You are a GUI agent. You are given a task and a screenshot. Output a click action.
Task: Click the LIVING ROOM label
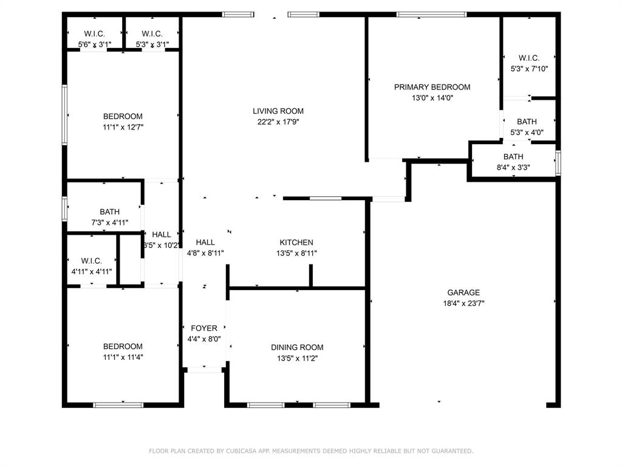pyautogui.click(x=278, y=111)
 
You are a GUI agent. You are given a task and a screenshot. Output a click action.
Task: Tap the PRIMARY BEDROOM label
pyautogui.click(x=432, y=88)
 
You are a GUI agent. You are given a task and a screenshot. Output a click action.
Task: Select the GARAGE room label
pyautogui.click(x=463, y=292)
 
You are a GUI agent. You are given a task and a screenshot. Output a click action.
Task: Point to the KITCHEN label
pyautogui.click(x=296, y=243)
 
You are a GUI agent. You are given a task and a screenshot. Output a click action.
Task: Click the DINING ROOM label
pyautogui.click(x=297, y=347)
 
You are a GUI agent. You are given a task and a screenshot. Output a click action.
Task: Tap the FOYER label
pyautogui.click(x=204, y=328)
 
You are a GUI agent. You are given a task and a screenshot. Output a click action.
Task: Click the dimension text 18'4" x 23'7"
pyautogui.click(x=463, y=304)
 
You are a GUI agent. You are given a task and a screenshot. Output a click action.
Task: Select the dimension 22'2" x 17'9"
pyautogui.click(x=278, y=122)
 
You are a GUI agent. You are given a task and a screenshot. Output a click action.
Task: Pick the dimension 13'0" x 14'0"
pyautogui.click(x=432, y=98)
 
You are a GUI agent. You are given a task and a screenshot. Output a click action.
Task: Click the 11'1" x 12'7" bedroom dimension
pyautogui.click(x=123, y=128)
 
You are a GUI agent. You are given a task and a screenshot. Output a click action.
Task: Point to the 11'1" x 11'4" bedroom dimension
pyautogui.click(x=123, y=358)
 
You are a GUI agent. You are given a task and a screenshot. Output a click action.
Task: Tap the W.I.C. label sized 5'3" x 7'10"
pyautogui.click(x=529, y=58)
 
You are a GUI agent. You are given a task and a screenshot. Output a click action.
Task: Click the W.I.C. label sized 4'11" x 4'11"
pyautogui.click(x=91, y=261)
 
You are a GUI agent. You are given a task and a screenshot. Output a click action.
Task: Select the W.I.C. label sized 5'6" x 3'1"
pyautogui.click(x=94, y=34)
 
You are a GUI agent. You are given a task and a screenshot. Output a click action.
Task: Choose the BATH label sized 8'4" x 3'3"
pyautogui.click(x=513, y=157)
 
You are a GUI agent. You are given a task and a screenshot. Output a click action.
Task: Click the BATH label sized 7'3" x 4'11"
pyautogui.click(x=109, y=212)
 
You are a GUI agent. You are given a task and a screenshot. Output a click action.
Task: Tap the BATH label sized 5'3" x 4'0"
pyautogui.click(x=527, y=122)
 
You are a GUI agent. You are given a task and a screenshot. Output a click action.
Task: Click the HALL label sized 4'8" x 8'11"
pyautogui.click(x=205, y=243)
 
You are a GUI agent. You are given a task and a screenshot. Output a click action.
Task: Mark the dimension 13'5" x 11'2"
pyautogui.click(x=297, y=359)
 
